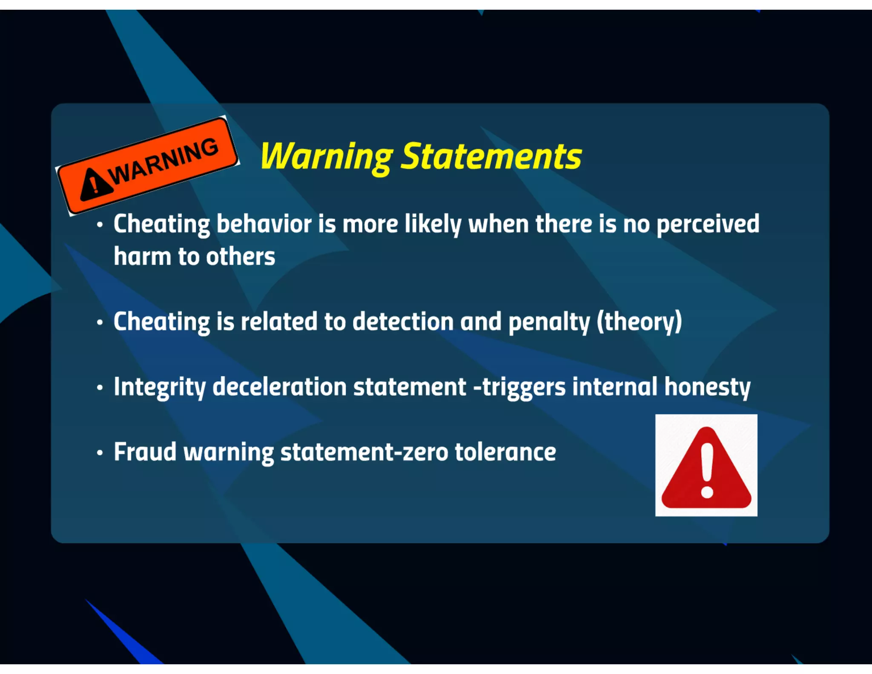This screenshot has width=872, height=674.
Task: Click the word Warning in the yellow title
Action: [x=326, y=157]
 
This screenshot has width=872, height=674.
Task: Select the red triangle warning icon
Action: [x=706, y=469]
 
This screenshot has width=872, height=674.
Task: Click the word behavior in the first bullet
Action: [x=264, y=224]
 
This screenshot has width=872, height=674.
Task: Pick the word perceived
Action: [x=708, y=224]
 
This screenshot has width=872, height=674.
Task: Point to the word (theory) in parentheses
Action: [x=639, y=322]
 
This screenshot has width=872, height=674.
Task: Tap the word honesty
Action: [x=707, y=387]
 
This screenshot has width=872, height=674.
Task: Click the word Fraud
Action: [x=145, y=452]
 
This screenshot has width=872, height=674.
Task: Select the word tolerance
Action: [x=505, y=452]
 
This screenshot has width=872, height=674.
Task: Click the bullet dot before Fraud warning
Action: [x=100, y=453]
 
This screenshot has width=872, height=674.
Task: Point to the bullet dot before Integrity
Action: [x=100, y=388]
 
